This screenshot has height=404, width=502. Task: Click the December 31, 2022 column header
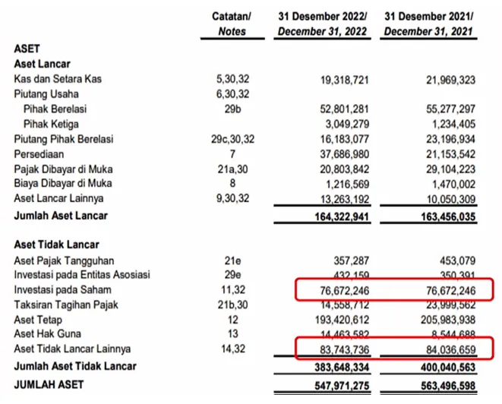click(323, 24)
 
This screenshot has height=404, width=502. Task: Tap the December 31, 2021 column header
click(430, 24)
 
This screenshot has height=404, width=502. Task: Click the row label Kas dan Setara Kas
click(58, 79)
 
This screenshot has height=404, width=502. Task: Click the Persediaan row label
click(38, 153)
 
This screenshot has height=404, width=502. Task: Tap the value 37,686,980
click(341, 153)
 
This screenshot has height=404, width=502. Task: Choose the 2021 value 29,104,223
click(447, 169)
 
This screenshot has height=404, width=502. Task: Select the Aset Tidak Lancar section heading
click(51, 246)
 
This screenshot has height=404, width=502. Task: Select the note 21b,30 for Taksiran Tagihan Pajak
click(232, 305)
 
